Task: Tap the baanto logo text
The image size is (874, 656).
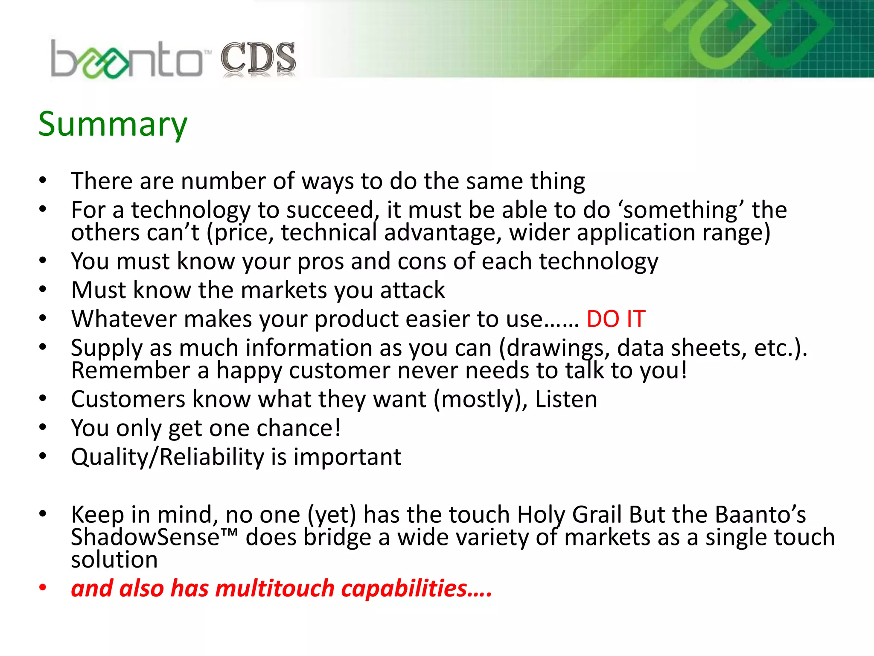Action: (126, 60)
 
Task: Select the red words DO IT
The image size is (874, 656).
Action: (615, 319)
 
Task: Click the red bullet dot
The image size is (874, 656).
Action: (43, 588)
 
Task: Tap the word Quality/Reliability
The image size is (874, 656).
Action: (167, 457)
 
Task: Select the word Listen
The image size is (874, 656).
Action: (566, 399)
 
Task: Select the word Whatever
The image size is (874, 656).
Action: (124, 319)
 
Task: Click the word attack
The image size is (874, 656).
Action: (412, 290)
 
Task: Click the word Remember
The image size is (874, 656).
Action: (131, 370)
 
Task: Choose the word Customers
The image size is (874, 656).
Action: (128, 399)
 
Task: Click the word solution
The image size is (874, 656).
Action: (114, 559)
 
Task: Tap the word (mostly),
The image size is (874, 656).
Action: (481, 399)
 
